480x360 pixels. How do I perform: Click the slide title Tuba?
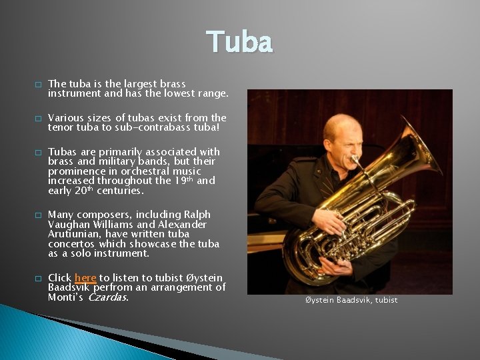(x=239, y=41)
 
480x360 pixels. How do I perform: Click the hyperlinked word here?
(x=85, y=277)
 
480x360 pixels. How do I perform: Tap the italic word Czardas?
(x=108, y=297)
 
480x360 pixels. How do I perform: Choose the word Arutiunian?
(x=75, y=234)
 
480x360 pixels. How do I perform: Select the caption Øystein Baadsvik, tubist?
(x=351, y=300)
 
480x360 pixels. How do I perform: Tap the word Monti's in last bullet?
(x=66, y=297)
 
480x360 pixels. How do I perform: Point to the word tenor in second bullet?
(x=61, y=127)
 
